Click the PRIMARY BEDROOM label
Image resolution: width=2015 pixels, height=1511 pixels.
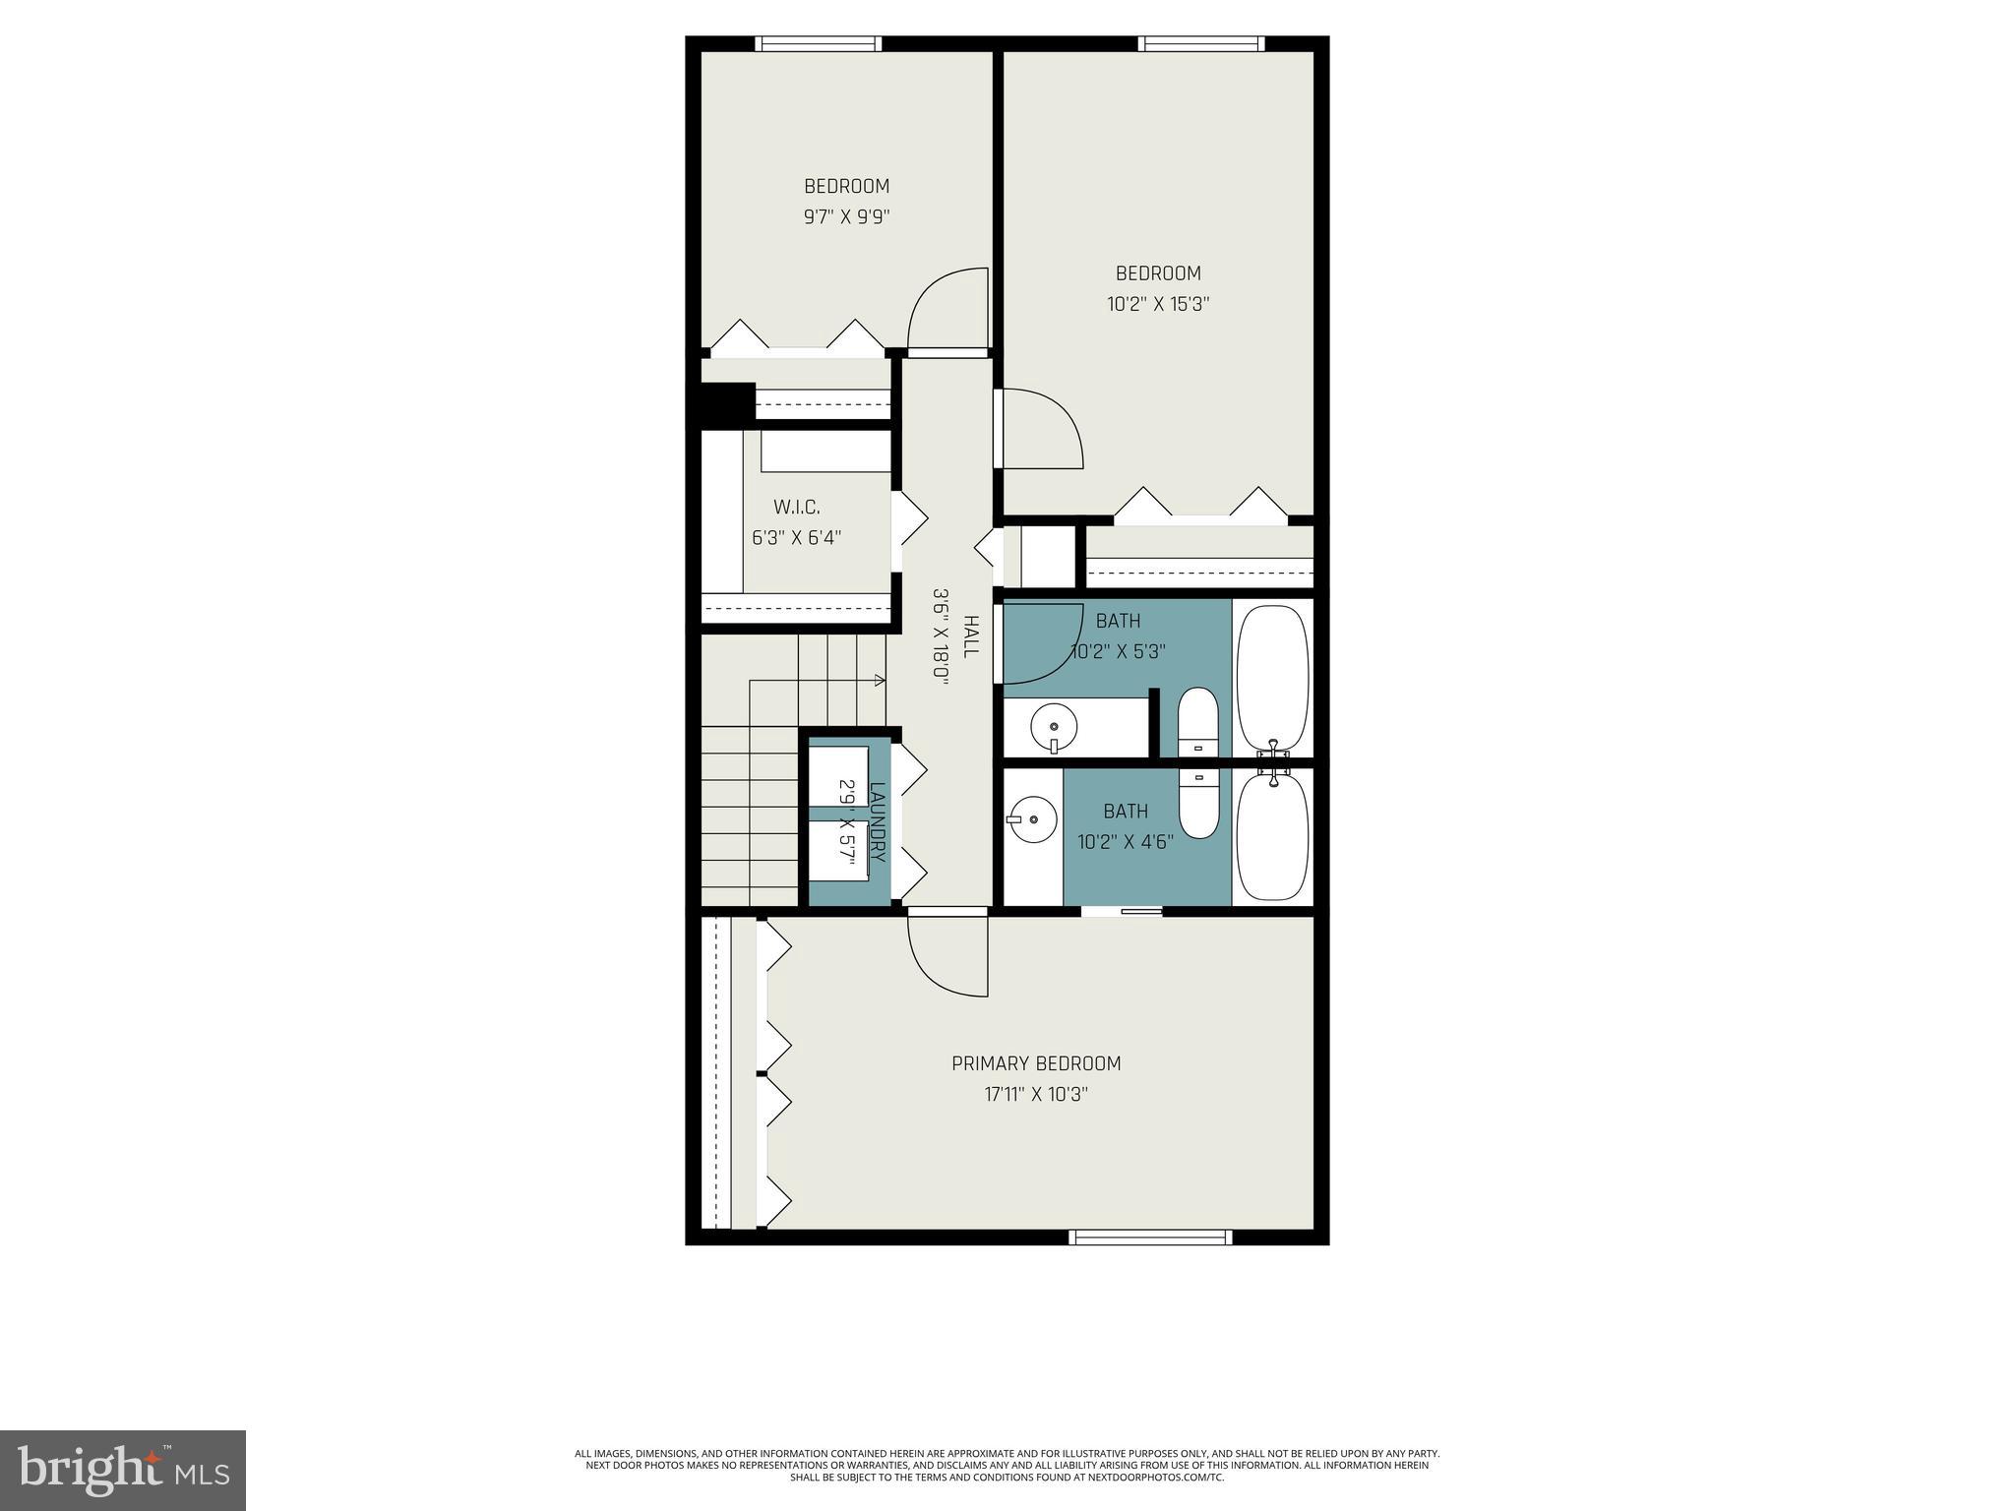click(1036, 1063)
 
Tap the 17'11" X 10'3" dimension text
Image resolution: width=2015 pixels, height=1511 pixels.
click(1036, 1094)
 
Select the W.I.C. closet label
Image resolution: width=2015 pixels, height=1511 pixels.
click(796, 508)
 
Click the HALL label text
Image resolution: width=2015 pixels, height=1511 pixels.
click(971, 637)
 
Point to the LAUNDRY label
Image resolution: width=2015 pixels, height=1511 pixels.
click(878, 822)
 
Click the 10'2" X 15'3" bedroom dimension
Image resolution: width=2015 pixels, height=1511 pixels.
click(1158, 304)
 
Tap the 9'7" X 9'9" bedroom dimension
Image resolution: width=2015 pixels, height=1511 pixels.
click(846, 216)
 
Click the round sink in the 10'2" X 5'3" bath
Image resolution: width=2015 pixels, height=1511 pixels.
click(1054, 728)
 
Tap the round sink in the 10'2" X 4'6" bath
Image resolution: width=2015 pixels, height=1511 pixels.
click(1032, 817)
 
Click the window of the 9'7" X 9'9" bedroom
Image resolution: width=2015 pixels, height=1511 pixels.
click(818, 43)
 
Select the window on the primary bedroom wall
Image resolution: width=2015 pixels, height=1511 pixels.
click(1150, 1237)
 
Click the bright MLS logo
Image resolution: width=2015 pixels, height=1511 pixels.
click(123, 1470)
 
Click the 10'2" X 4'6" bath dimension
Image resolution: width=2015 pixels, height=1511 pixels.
click(1126, 842)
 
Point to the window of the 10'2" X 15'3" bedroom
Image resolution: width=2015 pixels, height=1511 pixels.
click(1200, 43)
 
